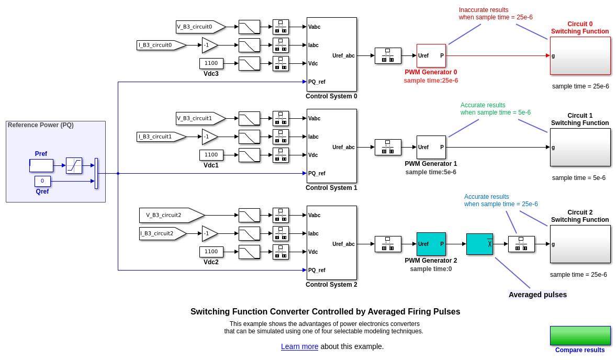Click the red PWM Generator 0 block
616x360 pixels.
[x=431, y=55]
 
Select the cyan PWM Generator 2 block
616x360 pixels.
[x=431, y=244]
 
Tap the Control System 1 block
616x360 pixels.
[x=331, y=146]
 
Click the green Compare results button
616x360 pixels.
[x=580, y=335]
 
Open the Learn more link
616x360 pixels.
[x=299, y=346]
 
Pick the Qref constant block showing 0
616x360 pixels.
[x=42, y=181]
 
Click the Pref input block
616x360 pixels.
[x=41, y=165]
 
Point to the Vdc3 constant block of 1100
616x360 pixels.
[x=211, y=63]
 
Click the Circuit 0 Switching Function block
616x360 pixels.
[x=580, y=55]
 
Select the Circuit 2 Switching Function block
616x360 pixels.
[x=580, y=244]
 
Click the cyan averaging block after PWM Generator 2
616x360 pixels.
[x=479, y=244]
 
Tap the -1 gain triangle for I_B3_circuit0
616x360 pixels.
[x=209, y=45]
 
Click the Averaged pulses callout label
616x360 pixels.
[x=537, y=295]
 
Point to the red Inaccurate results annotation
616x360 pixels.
[x=495, y=14]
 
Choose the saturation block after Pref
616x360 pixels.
[x=74, y=165]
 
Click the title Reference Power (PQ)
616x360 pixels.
[x=41, y=125]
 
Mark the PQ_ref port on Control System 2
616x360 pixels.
[x=317, y=270]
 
